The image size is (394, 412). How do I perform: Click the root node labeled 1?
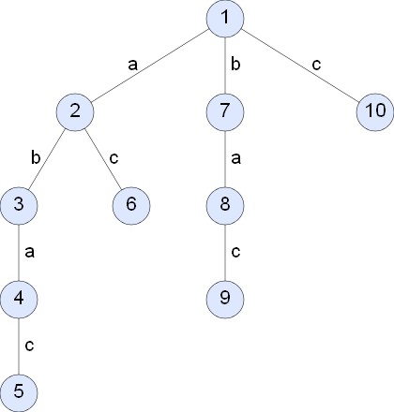[225, 19]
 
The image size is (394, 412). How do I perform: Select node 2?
[75, 112]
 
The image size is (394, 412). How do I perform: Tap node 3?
[19, 206]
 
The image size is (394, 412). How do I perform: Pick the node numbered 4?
[19, 300]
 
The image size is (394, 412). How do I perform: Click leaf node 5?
[19, 392]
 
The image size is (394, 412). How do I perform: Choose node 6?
[131, 206]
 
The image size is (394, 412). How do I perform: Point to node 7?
[225, 112]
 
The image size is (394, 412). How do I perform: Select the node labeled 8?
[225, 206]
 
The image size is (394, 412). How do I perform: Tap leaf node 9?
[225, 300]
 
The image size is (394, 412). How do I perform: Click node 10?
[375, 112]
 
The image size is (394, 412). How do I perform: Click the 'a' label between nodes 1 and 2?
[132, 65]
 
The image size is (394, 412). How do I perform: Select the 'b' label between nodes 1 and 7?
[235, 64]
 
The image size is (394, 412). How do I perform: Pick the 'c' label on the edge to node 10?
[316, 65]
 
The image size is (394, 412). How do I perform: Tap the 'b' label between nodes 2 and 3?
[36, 157]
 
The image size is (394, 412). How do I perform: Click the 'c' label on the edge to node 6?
[114, 158]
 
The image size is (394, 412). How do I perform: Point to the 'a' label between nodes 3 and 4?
[29, 252]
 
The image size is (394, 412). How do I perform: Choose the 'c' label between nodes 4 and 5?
[29, 346]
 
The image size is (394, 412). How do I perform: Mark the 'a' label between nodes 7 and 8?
[235, 158]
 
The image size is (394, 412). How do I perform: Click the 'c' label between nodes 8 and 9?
[235, 252]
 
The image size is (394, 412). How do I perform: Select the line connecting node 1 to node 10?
[300, 66]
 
